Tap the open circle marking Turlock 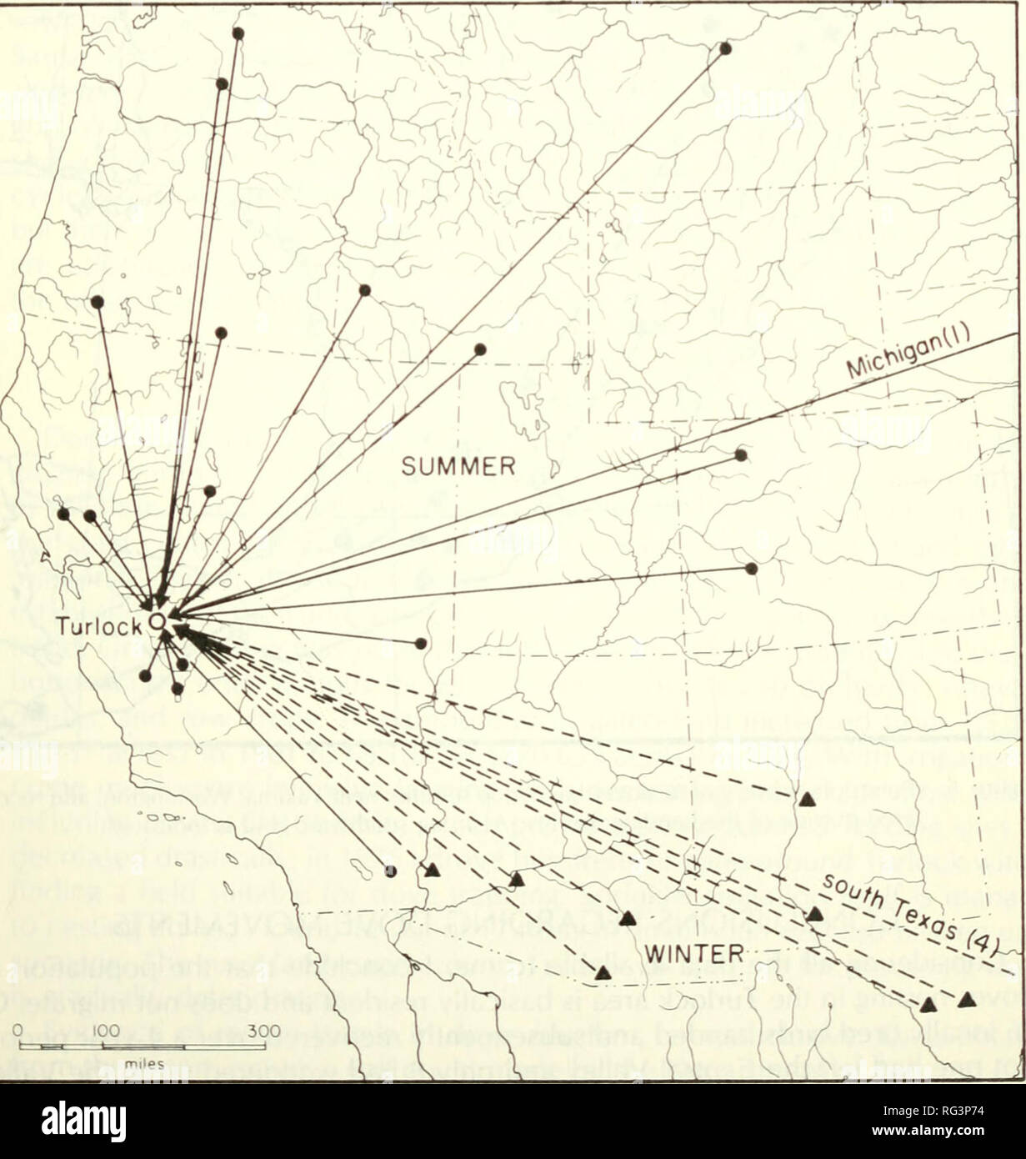[155, 621]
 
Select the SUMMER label [458, 466]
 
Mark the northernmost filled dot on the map [238, 33]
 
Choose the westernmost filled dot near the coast [63, 514]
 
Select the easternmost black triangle [967, 998]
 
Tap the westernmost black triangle [433, 871]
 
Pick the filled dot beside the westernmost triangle [391, 871]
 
